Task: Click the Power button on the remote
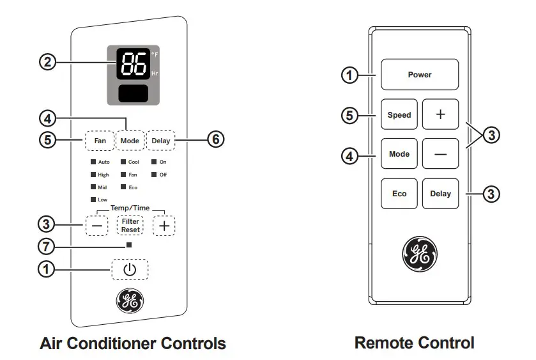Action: pos(420,74)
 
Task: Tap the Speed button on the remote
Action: pos(399,115)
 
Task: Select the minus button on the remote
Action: pos(440,154)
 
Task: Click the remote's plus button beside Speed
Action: pos(440,115)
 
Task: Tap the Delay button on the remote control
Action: pos(440,194)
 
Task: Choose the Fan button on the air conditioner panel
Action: pos(100,140)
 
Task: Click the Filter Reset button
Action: pos(130,225)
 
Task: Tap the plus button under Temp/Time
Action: pos(165,225)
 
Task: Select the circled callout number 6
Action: pos(216,139)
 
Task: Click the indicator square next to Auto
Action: pos(93,162)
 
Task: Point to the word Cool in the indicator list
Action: pos(134,162)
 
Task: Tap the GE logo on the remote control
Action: pos(419,253)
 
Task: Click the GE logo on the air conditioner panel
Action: pos(130,301)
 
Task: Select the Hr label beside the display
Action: pos(155,74)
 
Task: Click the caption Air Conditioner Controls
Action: pos(133,343)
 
